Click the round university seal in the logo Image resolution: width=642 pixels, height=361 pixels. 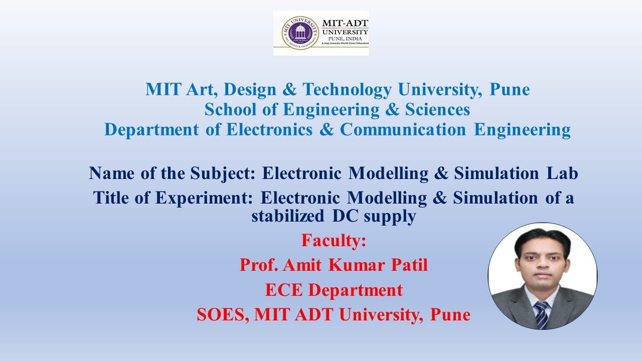pos(300,33)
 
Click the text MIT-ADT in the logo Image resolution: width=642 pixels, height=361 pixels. pos(345,24)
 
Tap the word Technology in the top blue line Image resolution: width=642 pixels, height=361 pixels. pos(348,90)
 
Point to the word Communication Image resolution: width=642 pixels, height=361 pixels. pos(403,130)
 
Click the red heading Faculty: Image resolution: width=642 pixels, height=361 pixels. pos(334,241)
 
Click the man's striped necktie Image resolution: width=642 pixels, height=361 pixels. pos(541,315)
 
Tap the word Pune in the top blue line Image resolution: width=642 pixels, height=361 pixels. pos(510,90)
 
